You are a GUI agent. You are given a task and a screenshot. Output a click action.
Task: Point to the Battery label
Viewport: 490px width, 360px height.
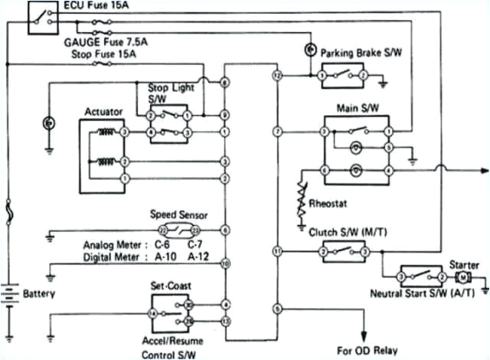(39, 293)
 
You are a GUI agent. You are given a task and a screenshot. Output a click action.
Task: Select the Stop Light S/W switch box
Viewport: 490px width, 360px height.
(168, 124)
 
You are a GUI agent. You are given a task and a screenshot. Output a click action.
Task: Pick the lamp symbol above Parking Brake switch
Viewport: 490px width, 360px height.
(310, 50)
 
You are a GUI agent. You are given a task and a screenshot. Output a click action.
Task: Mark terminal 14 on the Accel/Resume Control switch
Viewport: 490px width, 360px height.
(152, 314)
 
